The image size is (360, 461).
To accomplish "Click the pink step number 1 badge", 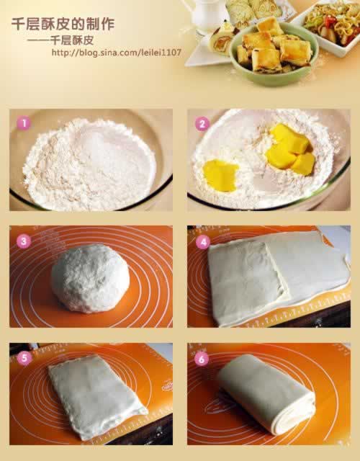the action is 24,123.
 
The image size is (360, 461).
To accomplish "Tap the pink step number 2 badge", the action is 202,124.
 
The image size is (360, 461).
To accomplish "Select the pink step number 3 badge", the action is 24,241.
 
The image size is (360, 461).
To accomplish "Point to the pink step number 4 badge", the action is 203,242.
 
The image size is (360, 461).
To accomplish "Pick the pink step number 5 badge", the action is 24,359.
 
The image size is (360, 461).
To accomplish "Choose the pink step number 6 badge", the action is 202,359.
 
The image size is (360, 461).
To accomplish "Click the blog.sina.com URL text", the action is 117,53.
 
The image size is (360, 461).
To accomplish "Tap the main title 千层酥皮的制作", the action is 63,24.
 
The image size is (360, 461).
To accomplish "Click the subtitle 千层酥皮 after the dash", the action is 72,40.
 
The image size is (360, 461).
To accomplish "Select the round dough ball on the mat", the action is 90,279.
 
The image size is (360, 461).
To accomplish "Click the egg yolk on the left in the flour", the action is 220,175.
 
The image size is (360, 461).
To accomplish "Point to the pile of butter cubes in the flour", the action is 289,150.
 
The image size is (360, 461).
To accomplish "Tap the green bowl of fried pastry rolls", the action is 274,55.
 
